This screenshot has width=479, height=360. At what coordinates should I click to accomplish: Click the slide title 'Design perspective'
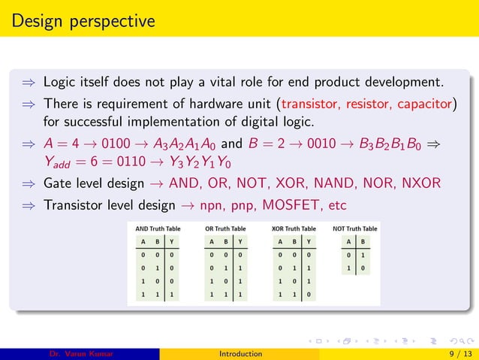click(x=83, y=20)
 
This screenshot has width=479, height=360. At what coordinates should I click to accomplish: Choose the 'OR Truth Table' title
click(x=224, y=228)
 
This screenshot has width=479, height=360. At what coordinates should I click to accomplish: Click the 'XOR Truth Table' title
click(x=294, y=228)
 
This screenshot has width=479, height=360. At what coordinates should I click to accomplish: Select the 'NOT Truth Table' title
click(x=355, y=228)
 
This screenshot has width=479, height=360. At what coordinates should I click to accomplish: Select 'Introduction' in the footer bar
click(x=239, y=353)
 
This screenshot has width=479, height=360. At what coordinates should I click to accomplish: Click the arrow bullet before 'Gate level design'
click(x=29, y=183)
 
